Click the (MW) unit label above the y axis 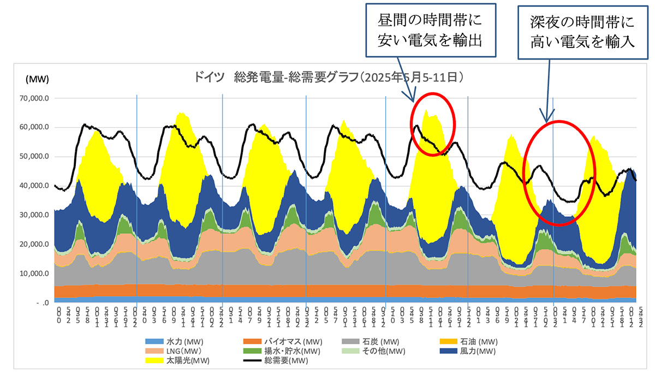[x=37, y=79]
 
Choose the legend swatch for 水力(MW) [x=155, y=341]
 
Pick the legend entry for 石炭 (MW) [x=380, y=341]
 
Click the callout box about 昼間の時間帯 [x=431, y=30]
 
